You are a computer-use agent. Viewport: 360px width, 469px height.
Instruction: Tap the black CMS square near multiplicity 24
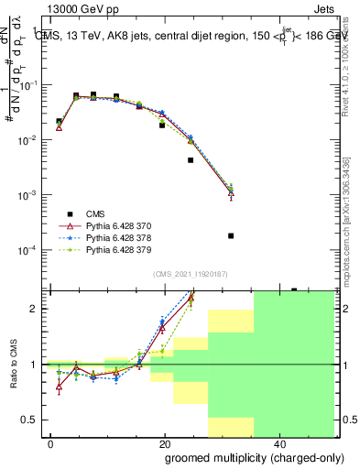[x=191, y=160]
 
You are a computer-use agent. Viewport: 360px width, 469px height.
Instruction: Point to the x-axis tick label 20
[x=164, y=443]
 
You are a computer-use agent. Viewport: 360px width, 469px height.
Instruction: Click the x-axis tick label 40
[x=278, y=443]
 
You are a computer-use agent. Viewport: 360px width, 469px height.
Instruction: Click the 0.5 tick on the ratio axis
[x=38, y=420]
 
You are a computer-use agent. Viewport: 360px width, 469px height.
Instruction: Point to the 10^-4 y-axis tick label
[x=33, y=250]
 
